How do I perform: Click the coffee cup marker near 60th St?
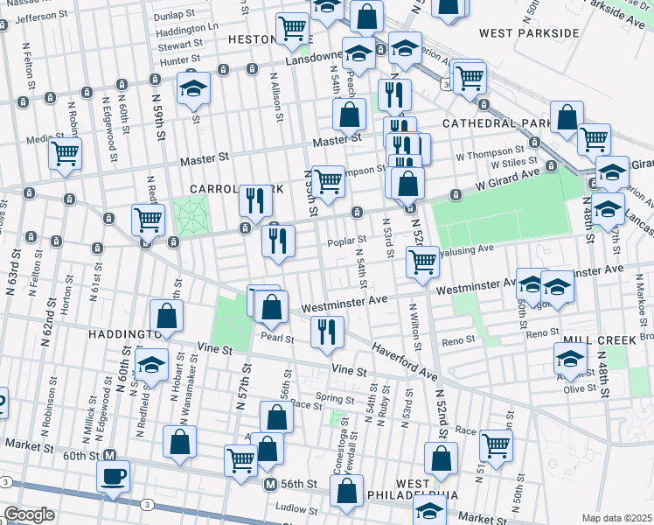[x=113, y=478]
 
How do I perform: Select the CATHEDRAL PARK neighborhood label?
[x=496, y=123]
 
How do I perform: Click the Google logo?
[x=28, y=514]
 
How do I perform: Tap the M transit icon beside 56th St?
[x=271, y=484]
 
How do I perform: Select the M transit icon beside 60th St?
[x=110, y=455]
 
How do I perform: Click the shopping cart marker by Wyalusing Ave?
[x=422, y=260]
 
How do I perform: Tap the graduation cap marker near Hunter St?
[x=193, y=88]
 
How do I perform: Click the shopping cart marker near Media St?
[x=65, y=154]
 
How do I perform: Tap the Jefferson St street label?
[x=41, y=17]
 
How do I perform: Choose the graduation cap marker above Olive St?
[x=571, y=358]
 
